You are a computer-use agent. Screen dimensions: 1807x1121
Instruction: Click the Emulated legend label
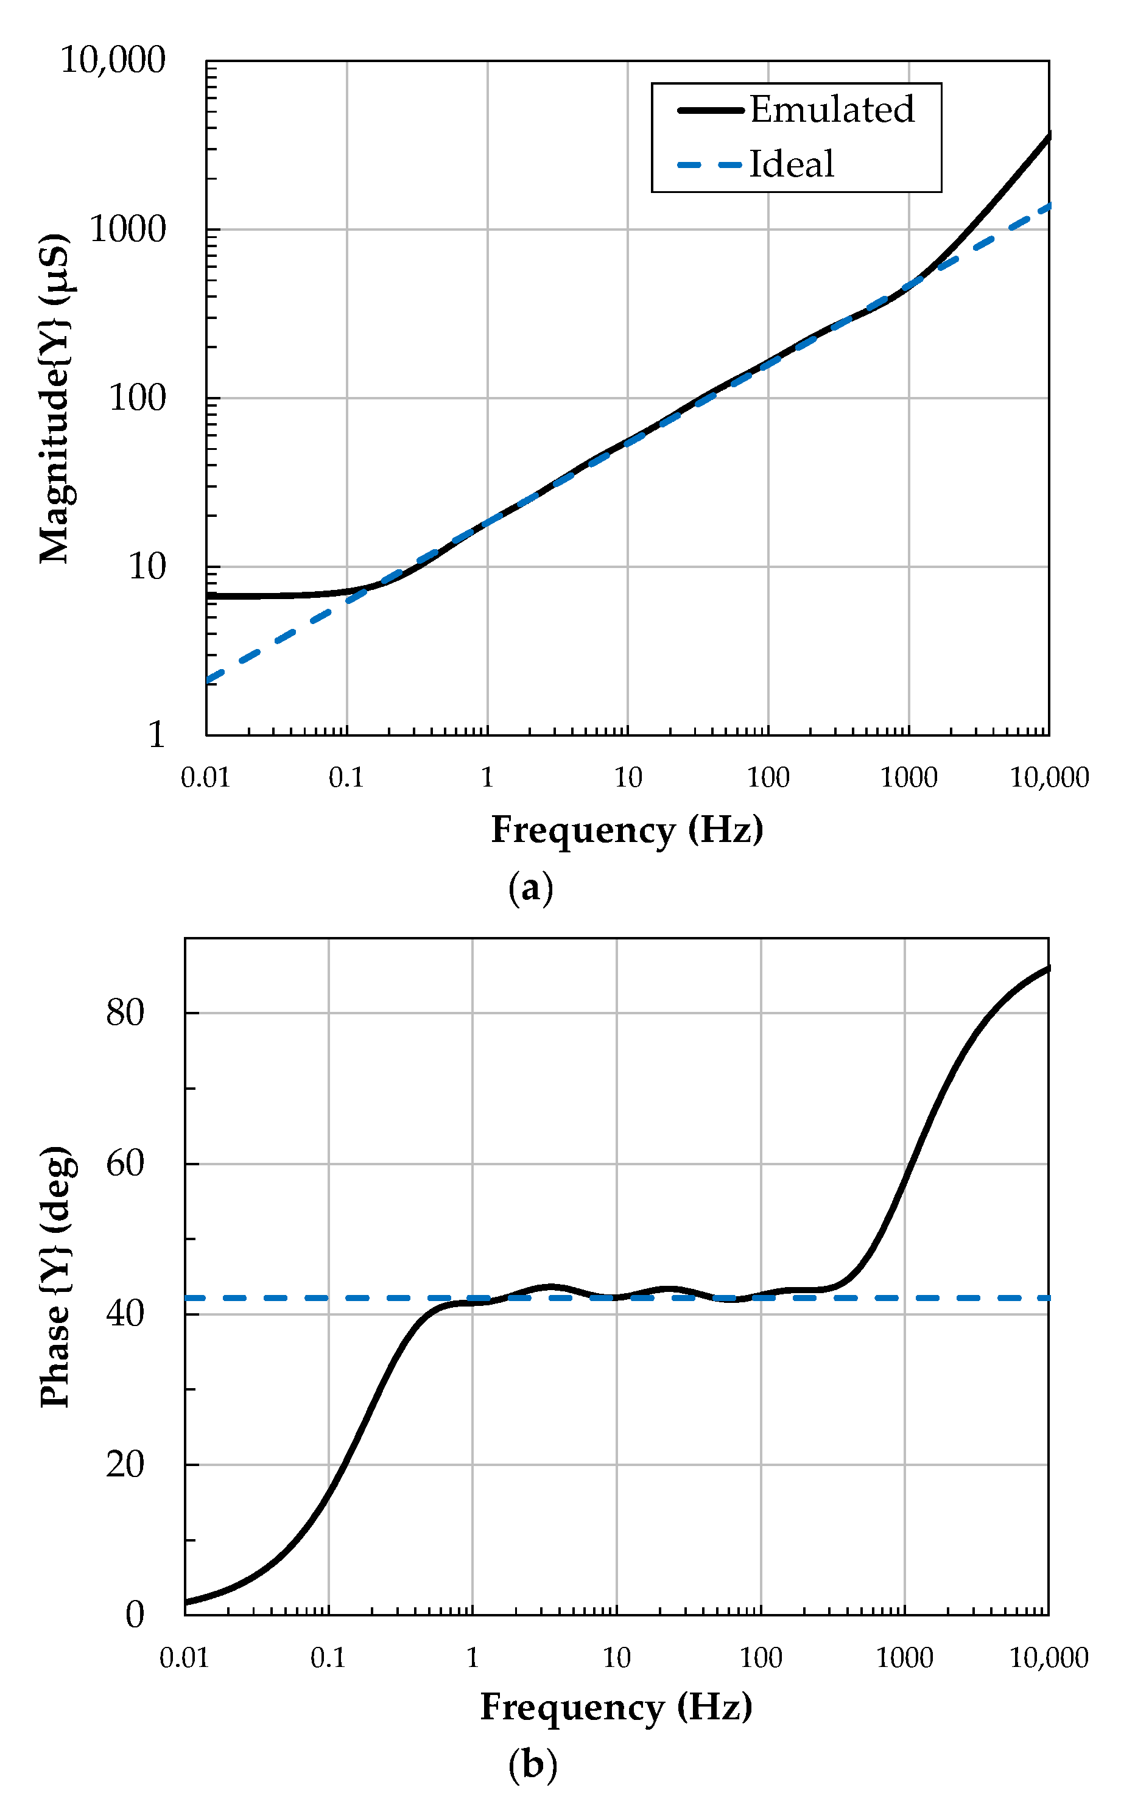(831, 110)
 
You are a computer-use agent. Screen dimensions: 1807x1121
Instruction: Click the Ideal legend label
(791, 164)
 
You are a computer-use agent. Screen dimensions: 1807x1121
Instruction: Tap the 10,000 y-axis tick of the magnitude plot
(113, 60)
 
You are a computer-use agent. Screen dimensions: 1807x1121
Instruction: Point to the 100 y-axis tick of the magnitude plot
(137, 398)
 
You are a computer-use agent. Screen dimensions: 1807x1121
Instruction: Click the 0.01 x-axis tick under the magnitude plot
(205, 777)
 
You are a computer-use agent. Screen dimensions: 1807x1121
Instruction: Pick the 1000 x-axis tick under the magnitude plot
(908, 777)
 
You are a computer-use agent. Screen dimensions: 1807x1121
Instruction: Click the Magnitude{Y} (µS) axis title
(55, 398)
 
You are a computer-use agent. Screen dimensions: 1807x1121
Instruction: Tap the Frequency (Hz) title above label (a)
(627, 829)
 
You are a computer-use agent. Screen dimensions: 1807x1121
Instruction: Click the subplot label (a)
(530, 887)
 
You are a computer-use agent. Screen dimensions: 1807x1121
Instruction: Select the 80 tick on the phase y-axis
(125, 1012)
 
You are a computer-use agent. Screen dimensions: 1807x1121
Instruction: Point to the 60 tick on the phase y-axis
(125, 1163)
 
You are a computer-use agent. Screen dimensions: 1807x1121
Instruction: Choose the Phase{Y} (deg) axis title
(55, 1276)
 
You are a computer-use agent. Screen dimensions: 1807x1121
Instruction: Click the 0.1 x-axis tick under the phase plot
(328, 1658)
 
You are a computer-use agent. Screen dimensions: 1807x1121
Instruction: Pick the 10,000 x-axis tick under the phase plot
(1049, 1658)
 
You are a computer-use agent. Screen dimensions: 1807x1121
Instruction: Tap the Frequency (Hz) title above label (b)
(616, 1707)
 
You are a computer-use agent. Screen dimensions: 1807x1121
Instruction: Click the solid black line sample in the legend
(709, 110)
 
